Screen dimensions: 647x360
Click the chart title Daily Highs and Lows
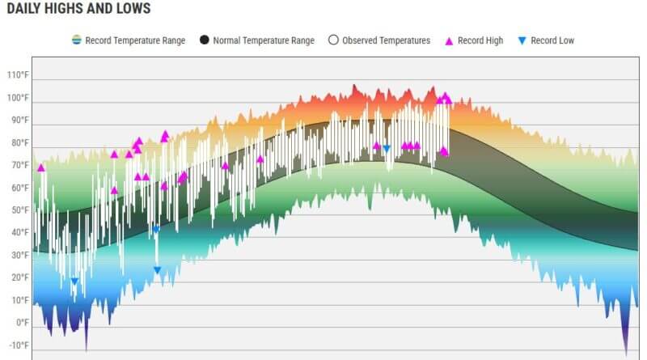[78, 9]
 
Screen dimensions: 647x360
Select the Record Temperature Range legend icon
[77, 40]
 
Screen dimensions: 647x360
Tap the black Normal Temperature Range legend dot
[205, 40]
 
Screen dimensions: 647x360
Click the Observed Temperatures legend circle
[333, 40]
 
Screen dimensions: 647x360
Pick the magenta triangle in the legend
[449, 41]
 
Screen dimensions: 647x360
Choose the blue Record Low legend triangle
[522, 40]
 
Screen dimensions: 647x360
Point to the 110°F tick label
[18, 75]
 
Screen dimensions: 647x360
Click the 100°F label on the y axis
[18, 98]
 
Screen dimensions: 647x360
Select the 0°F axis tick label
[23, 323]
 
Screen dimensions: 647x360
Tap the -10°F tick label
[19, 345]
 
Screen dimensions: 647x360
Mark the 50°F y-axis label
[20, 210]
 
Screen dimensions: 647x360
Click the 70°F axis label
[20, 165]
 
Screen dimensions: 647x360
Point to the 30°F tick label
[20, 255]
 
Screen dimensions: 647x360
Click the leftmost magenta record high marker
[41, 167]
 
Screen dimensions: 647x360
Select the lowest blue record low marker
[74, 282]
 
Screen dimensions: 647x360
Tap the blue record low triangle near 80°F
[387, 149]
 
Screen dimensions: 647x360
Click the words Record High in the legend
[480, 40]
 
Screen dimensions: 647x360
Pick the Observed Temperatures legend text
[387, 40]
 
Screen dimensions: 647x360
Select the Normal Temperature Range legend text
[264, 40]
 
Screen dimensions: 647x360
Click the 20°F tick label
[20, 277]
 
